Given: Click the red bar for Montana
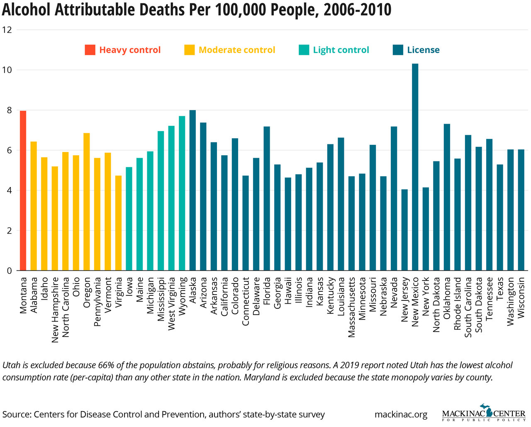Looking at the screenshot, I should [23, 191].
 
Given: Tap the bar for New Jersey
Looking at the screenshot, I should [404, 230].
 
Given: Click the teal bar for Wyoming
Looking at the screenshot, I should [182, 193].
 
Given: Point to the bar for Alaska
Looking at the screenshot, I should [192, 190].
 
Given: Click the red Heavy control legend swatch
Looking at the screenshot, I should [90, 50].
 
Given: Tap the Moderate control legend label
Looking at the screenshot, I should [237, 50].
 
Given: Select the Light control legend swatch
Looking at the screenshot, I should [304, 50].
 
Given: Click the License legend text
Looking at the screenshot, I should [423, 50].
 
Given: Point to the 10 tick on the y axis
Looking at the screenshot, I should [7, 70].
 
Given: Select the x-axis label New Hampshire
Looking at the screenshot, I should [55, 310].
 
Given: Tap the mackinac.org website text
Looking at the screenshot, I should [401, 414].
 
